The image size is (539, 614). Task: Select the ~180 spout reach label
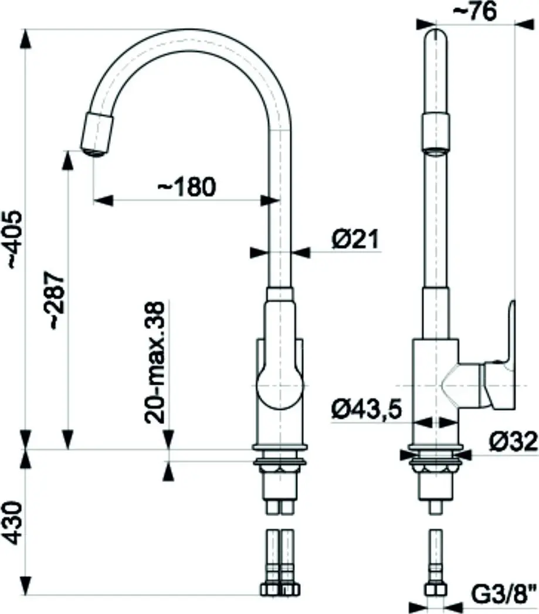(x=187, y=187)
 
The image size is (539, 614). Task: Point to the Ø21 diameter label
(x=355, y=239)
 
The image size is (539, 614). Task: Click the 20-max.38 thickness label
(x=154, y=362)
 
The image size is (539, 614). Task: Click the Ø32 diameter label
(x=513, y=442)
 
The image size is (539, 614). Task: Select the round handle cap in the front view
(x=280, y=386)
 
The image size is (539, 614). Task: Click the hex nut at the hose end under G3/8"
(x=436, y=589)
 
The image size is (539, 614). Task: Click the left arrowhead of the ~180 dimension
(x=103, y=200)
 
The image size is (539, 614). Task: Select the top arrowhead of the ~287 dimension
(x=68, y=160)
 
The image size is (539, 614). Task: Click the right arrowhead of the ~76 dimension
(x=525, y=24)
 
